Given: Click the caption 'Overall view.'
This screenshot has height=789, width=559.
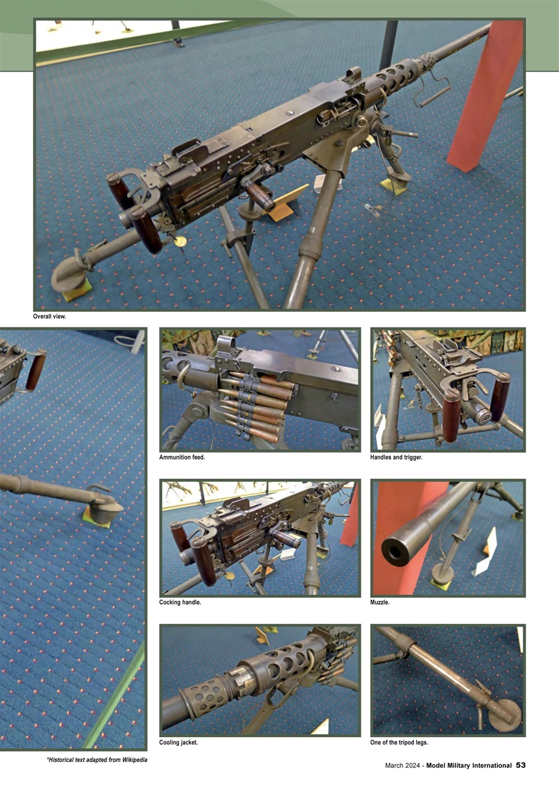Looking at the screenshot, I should coord(49,317).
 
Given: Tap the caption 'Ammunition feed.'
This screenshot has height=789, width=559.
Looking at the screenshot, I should coord(182,457).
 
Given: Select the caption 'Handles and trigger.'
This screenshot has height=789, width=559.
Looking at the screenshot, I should coord(396,457).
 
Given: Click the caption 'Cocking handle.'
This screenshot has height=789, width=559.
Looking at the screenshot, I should coord(180,602).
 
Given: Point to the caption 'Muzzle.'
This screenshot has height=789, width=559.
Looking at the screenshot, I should coord(380,602).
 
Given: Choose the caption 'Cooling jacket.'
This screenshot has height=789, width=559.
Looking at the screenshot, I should coord(178,742).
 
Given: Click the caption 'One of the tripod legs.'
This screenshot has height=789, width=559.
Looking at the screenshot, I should coord(399,742).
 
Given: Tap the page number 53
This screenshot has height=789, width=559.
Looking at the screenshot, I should coord(521,766).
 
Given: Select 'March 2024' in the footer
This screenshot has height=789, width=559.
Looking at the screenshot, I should coord(402,766).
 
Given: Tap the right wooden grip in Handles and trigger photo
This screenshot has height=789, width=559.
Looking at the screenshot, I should coord(500,398).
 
